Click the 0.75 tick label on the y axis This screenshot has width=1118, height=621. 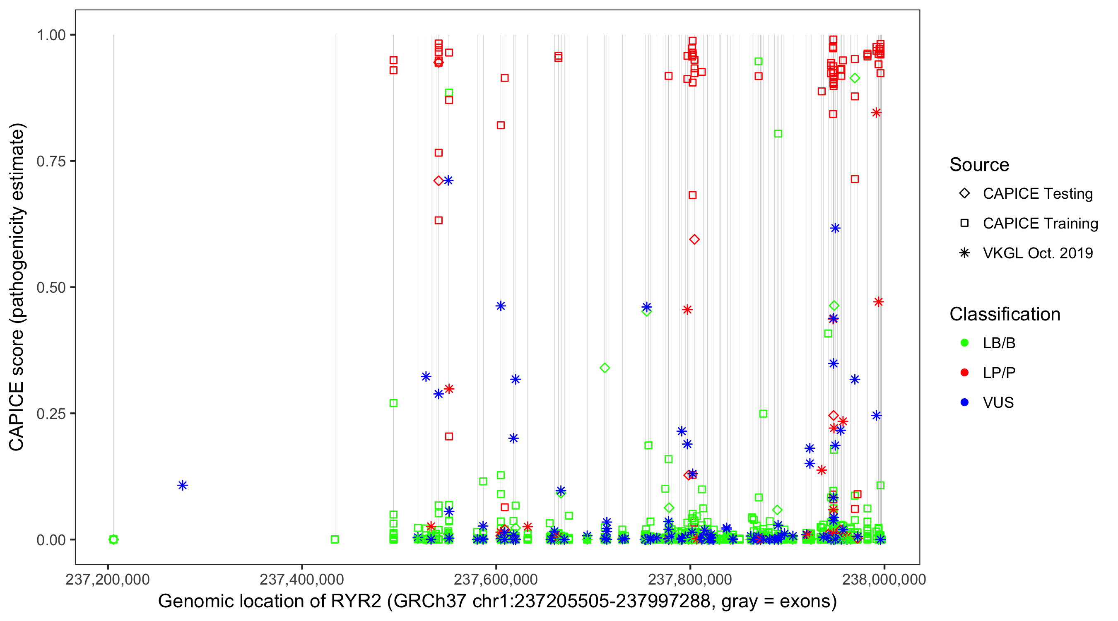tap(51, 161)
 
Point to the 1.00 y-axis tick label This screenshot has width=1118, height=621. tap(51, 35)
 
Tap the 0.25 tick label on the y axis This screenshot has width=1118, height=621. tap(51, 414)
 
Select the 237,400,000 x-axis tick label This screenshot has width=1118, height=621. tap(301, 579)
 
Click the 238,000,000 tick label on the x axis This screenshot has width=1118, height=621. tap(884, 579)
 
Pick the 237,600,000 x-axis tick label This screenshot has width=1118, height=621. tap(496, 579)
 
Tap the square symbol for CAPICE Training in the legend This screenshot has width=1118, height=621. tap(964, 224)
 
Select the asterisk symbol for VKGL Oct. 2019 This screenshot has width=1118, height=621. tap(964, 253)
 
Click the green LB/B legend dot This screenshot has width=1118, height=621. tap(964, 343)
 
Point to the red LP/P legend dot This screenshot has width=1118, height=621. tap(964, 373)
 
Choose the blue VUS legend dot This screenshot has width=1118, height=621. tap(964, 402)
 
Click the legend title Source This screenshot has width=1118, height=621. tap(979, 165)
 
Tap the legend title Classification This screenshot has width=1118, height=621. tap(1005, 314)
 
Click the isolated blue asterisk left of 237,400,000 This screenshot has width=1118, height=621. tap(183, 485)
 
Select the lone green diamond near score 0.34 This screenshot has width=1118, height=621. tap(605, 368)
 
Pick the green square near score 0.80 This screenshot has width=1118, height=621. tap(778, 134)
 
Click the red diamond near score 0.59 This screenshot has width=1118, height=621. tap(694, 240)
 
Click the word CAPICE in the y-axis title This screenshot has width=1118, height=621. tap(17, 416)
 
